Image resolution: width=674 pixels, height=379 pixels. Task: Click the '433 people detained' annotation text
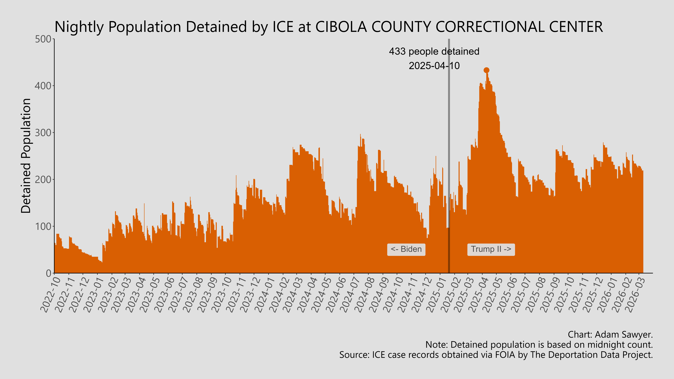[x=434, y=52]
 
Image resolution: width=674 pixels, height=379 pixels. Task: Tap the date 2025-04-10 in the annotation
[x=434, y=66]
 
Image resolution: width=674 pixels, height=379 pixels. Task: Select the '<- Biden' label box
[x=406, y=249]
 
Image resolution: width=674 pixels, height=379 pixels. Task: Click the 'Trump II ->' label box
[x=491, y=249]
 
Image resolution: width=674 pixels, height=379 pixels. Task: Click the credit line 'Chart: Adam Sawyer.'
[x=610, y=335]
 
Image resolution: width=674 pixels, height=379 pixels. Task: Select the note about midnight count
[x=539, y=345]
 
